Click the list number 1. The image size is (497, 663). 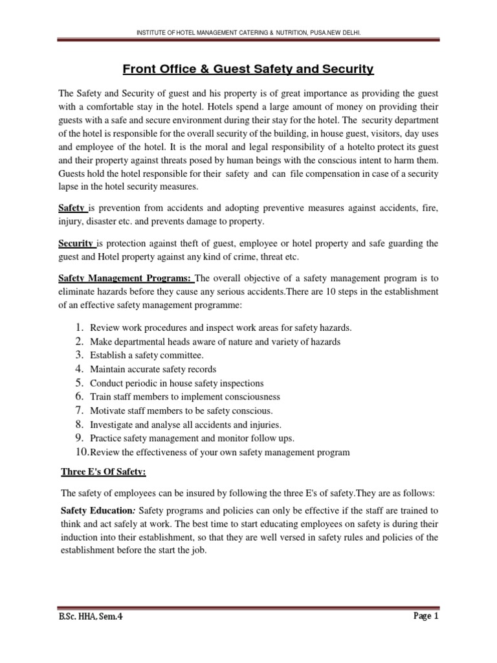click(x=78, y=327)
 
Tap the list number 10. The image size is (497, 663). click(x=81, y=452)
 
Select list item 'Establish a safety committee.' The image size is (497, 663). click(x=146, y=355)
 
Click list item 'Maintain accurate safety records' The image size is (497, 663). click(x=162, y=369)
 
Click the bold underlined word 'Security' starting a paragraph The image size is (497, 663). click(x=77, y=243)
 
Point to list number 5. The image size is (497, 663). click(x=78, y=383)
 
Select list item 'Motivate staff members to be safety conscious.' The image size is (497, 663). click(x=181, y=410)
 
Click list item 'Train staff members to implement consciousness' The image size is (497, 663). click(x=184, y=396)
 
